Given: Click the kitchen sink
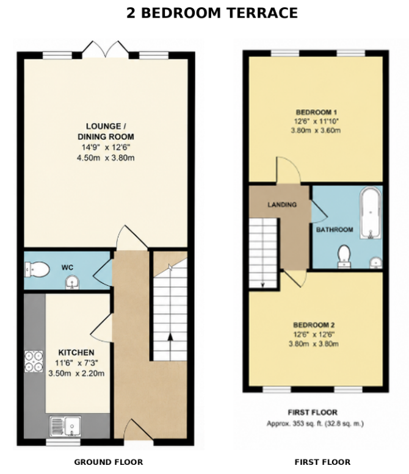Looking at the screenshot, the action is pyautogui.click(x=66, y=426).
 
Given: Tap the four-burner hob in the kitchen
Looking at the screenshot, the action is pyautogui.click(x=34, y=361).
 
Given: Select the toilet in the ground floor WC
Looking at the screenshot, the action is pyautogui.click(x=37, y=269).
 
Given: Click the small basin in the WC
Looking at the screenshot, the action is pyautogui.click(x=72, y=282).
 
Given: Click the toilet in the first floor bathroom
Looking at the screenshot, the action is pyautogui.click(x=344, y=256).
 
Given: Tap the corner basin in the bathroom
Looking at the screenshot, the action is pyautogui.click(x=376, y=262).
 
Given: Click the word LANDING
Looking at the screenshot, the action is pyautogui.click(x=282, y=204).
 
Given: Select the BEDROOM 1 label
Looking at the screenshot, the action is pyautogui.click(x=316, y=112).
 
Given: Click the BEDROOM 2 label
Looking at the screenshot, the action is pyautogui.click(x=314, y=325).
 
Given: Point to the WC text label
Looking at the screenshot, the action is pyautogui.click(x=67, y=268).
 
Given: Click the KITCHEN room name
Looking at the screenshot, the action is pyautogui.click(x=76, y=353).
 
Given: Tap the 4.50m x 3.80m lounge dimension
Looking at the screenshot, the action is pyautogui.click(x=106, y=158).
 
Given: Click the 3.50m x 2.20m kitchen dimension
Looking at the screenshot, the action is pyautogui.click(x=76, y=373).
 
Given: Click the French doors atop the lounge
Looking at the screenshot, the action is pyautogui.click(x=106, y=49).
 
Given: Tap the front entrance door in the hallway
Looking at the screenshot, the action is pyautogui.click(x=139, y=431).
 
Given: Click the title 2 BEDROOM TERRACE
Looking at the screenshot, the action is pyautogui.click(x=212, y=13).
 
